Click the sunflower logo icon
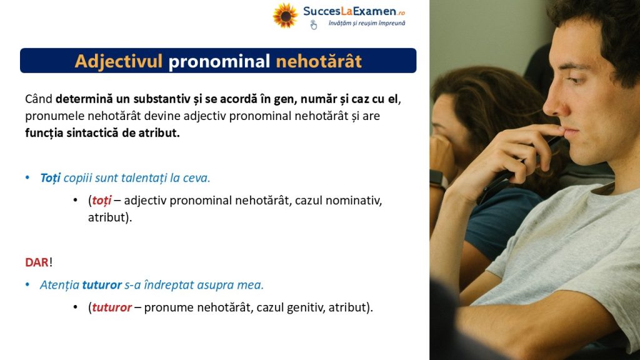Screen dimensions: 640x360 (x=285, y=16)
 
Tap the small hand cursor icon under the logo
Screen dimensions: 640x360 (x=313, y=25)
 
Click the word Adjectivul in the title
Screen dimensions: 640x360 (x=118, y=61)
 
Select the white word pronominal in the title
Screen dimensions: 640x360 (x=219, y=61)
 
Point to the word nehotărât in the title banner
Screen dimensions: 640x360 (x=319, y=61)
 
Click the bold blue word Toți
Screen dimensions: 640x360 (x=50, y=178)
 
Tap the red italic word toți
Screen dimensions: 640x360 (x=102, y=201)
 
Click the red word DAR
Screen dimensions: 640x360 (x=37, y=262)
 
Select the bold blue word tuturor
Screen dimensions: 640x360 (x=102, y=285)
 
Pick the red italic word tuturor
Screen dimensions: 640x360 (x=112, y=307)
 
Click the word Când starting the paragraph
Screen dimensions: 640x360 (x=39, y=99)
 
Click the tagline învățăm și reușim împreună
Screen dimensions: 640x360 (x=367, y=23)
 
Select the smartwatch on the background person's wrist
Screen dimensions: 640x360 (x=438, y=179)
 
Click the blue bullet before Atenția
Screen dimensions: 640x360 (x=27, y=284)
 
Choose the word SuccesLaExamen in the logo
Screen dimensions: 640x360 (x=349, y=11)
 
